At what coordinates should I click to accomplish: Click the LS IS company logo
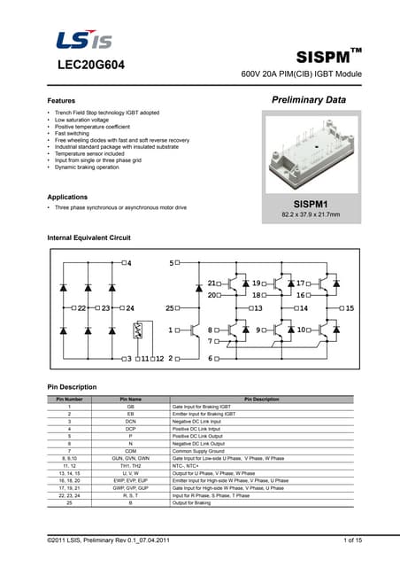coord(84,40)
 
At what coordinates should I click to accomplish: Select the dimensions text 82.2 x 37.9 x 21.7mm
coord(310,215)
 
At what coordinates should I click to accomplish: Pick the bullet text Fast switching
coord(73,133)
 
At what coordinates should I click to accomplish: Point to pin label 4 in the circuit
coord(131,264)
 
